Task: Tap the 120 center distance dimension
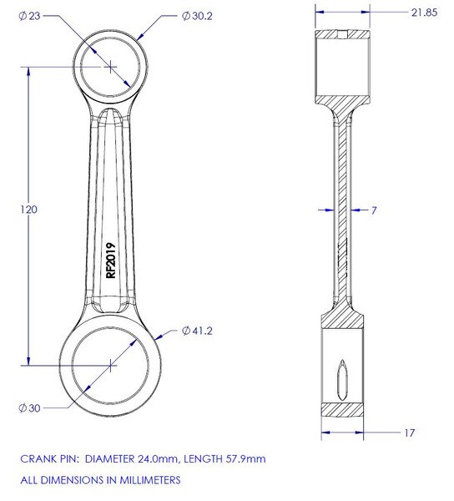tap(28, 210)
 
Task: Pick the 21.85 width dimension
tap(405, 14)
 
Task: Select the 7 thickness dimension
tap(375, 211)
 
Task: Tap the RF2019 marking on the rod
tap(110, 260)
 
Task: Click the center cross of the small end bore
tap(111, 64)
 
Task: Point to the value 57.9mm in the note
tap(243, 459)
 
